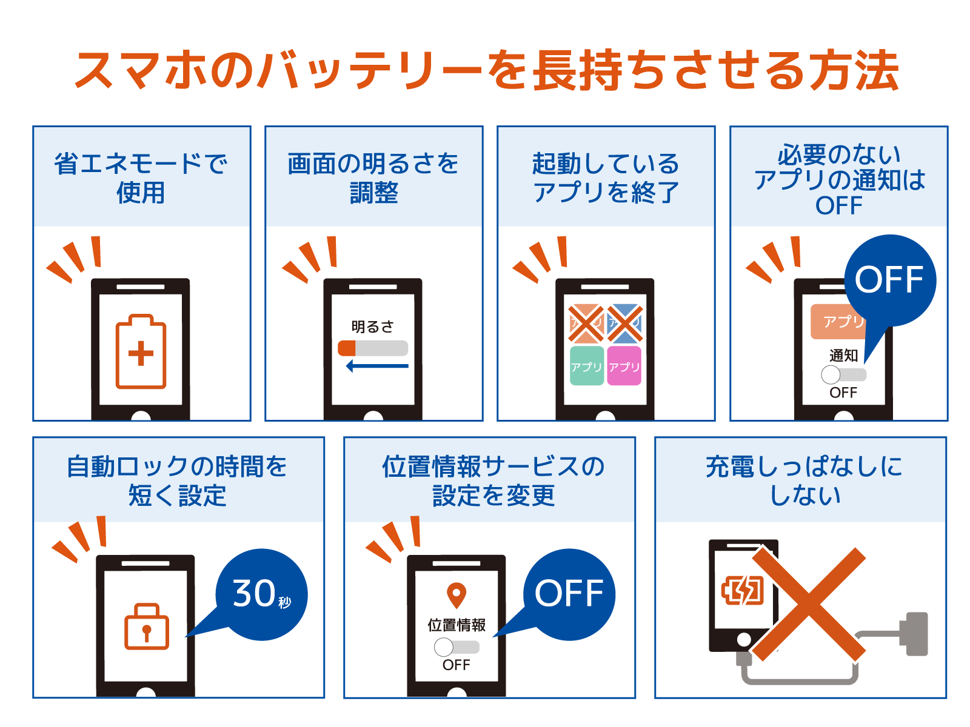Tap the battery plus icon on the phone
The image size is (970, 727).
coord(141,351)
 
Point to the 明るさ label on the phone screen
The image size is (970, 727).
coord(372,327)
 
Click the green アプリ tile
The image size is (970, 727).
coord(586,366)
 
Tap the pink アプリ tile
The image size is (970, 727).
coord(624,366)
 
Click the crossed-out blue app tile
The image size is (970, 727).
coord(624,324)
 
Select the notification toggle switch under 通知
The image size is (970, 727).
coord(843,374)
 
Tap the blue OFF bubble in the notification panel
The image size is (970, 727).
coord(889,280)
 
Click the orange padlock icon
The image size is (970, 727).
coord(147,627)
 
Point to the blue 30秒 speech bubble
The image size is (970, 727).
coord(261,594)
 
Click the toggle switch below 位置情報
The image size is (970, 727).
coord(457,647)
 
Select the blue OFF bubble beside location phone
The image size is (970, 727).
coord(569,594)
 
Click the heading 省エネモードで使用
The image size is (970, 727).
coord(141,178)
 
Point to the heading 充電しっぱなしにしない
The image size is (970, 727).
coord(804,480)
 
